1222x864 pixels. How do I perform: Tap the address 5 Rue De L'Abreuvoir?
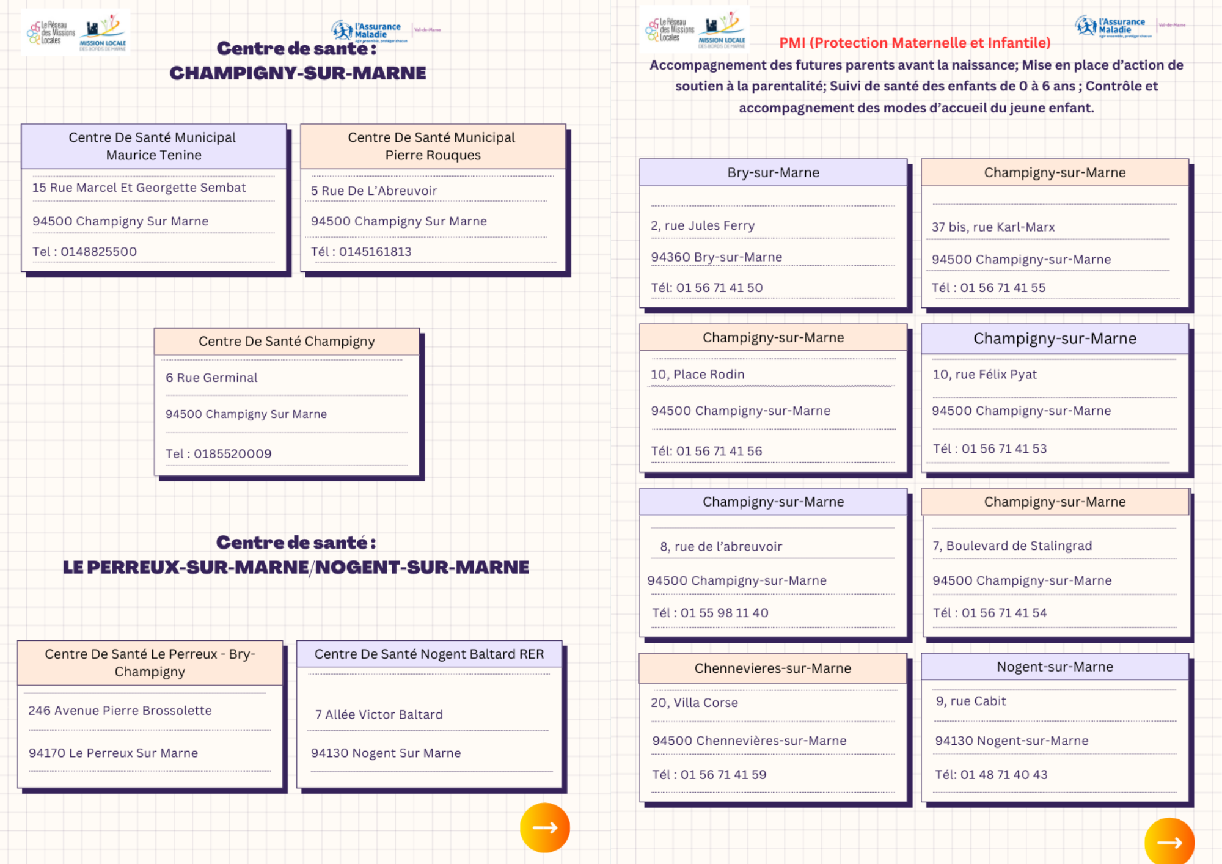pos(374,191)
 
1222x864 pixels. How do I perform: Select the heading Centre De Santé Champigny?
pos(287,342)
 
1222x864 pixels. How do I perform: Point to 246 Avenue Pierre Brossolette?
pos(120,711)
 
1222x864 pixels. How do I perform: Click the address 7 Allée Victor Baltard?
pos(379,715)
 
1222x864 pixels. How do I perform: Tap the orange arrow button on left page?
pos(544,827)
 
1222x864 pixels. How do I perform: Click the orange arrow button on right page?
pos(1169,843)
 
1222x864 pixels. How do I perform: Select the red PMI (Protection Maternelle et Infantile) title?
pos(915,43)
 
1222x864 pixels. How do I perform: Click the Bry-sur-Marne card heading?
pos(773,173)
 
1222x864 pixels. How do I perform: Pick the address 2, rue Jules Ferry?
pos(703,225)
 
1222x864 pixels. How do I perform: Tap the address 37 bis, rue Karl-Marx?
pos(993,227)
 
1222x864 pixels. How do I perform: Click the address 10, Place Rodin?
pos(697,375)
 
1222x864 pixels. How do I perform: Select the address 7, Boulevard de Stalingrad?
pos(1012,546)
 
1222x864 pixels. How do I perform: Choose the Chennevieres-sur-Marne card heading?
pos(772,668)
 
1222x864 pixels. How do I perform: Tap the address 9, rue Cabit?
pos(970,701)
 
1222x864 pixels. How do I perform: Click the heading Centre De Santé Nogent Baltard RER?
pos(429,654)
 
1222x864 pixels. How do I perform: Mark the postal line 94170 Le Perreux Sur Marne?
pos(113,753)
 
